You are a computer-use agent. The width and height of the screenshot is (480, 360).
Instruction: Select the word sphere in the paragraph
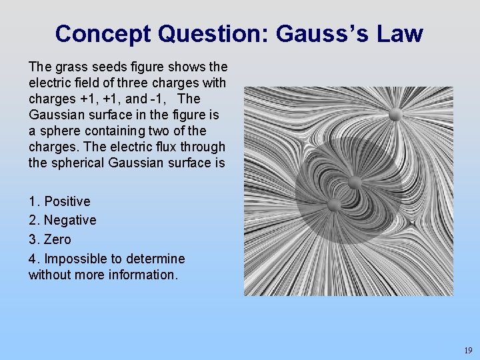tap(59, 131)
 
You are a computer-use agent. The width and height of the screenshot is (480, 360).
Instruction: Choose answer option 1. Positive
tap(59, 201)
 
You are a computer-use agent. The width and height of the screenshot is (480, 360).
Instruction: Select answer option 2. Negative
tap(62, 220)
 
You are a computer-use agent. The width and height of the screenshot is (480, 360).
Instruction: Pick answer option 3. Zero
tap(49, 239)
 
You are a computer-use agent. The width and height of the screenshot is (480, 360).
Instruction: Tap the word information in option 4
tap(142, 275)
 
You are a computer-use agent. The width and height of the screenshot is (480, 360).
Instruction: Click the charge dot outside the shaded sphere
tap(395, 115)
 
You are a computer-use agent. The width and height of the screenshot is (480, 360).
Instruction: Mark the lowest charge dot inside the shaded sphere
tap(333, 204)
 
